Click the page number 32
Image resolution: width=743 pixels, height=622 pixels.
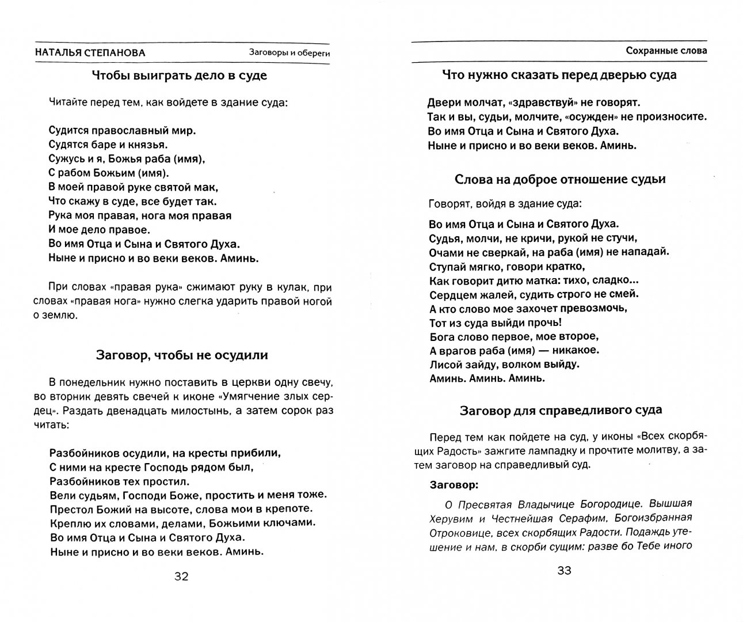(x=181, y=577)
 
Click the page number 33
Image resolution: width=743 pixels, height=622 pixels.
(x=563, y=571)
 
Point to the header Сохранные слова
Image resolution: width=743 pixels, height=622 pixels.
(x=666, y=51)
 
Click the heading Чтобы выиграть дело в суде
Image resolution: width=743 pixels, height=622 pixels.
(x=179, y=75)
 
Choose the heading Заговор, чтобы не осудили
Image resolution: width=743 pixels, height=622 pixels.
(x=181, y=355)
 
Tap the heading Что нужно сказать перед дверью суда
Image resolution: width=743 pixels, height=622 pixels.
(x=559, y=74)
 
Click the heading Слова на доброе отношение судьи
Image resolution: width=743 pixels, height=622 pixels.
(x=560, y=179)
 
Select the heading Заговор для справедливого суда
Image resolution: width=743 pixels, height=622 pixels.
(x=561, y=410)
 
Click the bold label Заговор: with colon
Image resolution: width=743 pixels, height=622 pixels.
(x=454, y=484)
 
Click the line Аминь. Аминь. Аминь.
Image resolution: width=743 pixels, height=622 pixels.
(x=487, y=378)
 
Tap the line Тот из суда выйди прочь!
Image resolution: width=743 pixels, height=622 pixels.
(x=496, y=323)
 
